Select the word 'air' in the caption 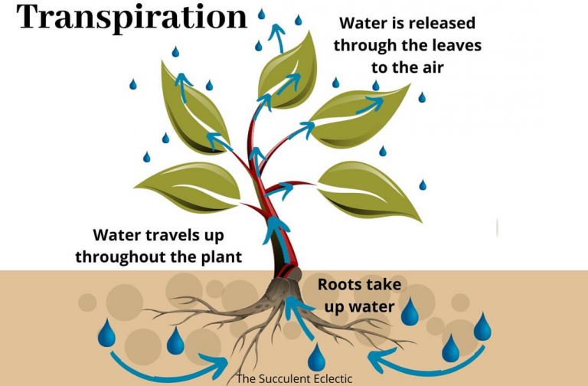click(x=432, y=67)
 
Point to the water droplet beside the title click(x=261, y=14)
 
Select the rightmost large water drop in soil click(x=482, y=327)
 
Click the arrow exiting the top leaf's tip click(x=277, y=36)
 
